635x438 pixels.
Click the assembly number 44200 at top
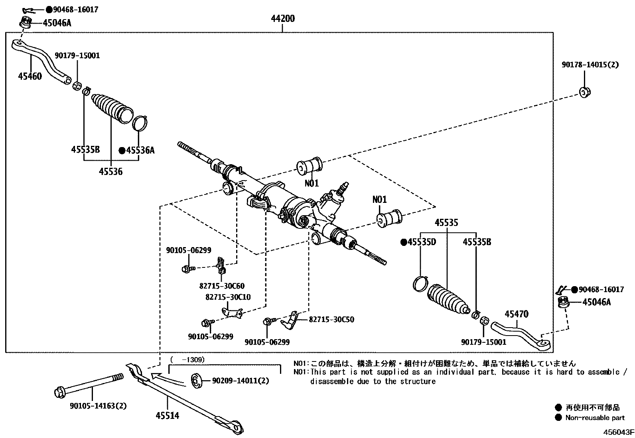pyautogui.click(x=282, y=18)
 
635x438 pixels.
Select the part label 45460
pyautogui.click(x=30, y=76)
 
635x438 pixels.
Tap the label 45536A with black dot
pyautogui.click(x=137, y=150)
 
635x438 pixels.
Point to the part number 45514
pyautogui.click(x=167, y=416)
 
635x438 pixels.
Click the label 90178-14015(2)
pyautogui.click(x=590, y=64)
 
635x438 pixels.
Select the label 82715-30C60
pyautogui.click(x=222, y=286)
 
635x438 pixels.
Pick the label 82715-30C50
pyautogui.click(x=331, y=319)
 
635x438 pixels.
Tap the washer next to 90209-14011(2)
pyautogui.click(x=197, y=381)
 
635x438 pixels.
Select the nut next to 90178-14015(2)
pyautogui.click(x=585, y=92)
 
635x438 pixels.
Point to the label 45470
pyautogui.click(x=516, y=314)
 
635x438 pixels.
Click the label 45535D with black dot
pyautogui.click(x=419, y=242)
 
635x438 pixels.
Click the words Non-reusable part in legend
pyautogui.click(x=595, y=418)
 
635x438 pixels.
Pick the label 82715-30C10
pyautogui.click(x=228, y=297)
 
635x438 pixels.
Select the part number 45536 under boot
pyautogui.click(x=110, y=171)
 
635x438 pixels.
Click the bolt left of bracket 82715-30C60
pyautogui.click(x=187, y=269)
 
